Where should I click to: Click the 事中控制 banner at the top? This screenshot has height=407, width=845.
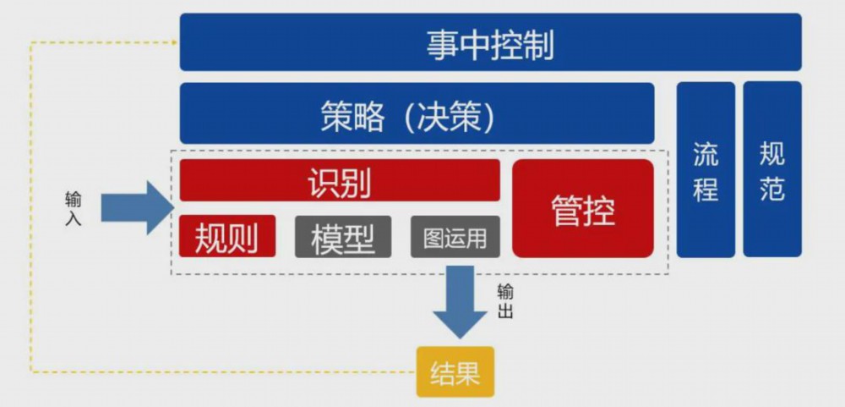(490, 42)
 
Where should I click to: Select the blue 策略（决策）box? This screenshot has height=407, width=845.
(417, 113)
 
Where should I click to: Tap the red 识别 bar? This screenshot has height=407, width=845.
(339, 180)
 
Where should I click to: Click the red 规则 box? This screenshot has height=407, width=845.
(227, 237)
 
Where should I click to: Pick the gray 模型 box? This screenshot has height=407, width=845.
(343, 237)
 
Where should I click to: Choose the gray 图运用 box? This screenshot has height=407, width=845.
(455, 237)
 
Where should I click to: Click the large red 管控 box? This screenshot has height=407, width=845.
(583, 208)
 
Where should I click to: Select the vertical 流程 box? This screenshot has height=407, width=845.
(706, 169)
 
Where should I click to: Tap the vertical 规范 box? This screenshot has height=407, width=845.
(772, 169)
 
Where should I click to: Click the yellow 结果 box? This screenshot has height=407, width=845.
(455, 372)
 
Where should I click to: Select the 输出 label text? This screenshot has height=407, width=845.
(505, 301)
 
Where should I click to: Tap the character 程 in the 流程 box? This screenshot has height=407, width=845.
(706, 188)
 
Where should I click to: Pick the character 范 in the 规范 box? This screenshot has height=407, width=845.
(772, 188)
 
